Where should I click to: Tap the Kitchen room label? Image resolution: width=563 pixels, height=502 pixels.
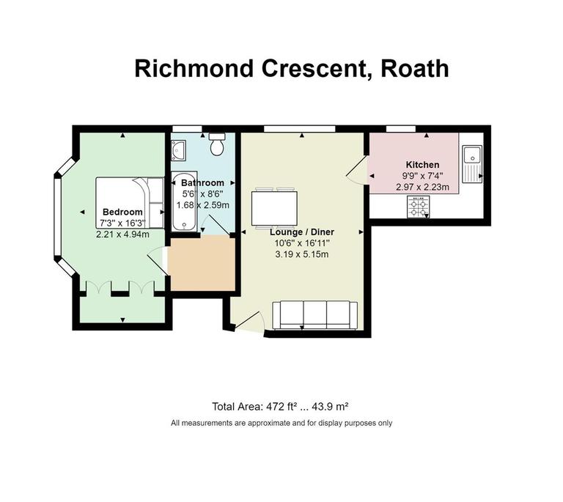422,165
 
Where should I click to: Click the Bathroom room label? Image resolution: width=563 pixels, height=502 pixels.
202,182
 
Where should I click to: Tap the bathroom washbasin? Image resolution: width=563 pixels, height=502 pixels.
180,150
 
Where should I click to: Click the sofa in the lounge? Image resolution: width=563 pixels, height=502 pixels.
315,315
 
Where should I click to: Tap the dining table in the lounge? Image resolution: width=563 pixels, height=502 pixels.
275,208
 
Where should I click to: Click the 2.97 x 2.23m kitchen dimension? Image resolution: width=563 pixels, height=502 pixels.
422,188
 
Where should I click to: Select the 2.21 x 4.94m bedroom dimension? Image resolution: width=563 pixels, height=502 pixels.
122,234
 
